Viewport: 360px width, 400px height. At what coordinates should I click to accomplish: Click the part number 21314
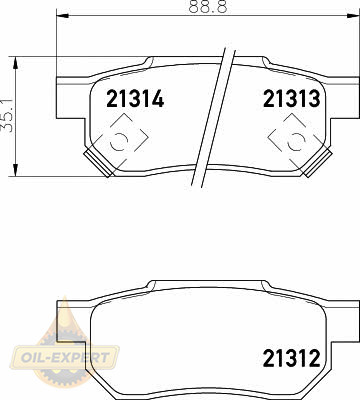click(x=135, y=99)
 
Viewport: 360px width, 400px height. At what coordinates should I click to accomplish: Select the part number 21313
click(x=292, y=99)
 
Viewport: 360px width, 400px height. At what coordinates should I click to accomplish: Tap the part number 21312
click(x=292, y=358)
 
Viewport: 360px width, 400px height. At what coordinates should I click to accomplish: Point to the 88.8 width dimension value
click(x=208, y=6)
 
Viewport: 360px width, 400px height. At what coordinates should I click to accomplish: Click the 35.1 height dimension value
click(x=8, y=115)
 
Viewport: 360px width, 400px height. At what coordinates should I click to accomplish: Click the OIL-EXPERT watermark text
click(x=65, y=357)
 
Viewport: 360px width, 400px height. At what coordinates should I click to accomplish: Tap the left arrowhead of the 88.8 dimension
click(x=63, y=15)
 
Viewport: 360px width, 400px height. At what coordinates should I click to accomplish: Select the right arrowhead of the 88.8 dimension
click(x=353, y=15)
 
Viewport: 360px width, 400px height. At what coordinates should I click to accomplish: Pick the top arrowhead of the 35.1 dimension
click(x=15, y=63)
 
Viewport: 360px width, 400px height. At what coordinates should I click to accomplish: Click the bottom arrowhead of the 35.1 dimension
click(x=15, y=170)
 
